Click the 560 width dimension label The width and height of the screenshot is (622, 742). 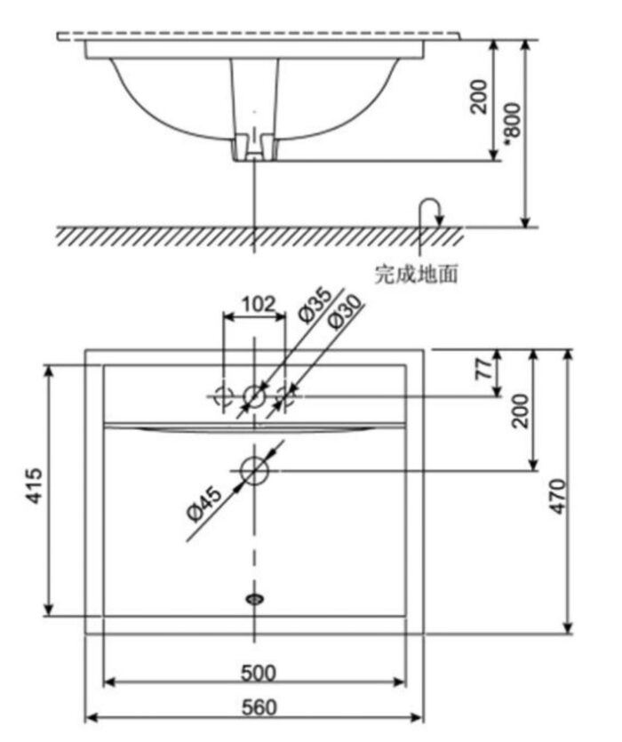point(254,708)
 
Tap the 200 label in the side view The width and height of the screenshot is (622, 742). point(481,95)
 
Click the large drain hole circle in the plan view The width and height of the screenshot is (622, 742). point(255,470)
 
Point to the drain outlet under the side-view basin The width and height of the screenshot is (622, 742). point(255,149)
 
